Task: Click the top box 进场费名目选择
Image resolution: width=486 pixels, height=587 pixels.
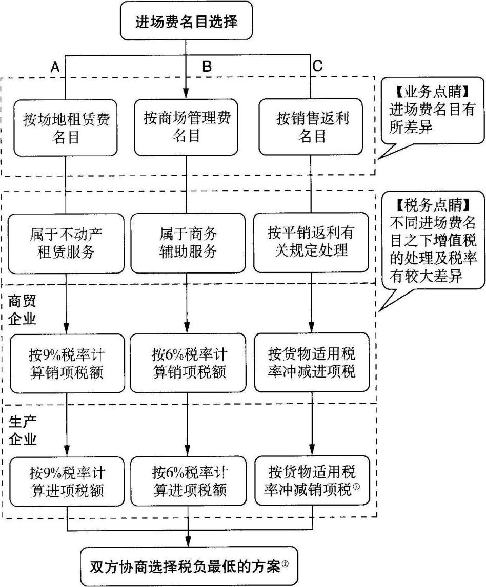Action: point(187,22)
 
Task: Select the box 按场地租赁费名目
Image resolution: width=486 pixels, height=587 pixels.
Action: point(67,128)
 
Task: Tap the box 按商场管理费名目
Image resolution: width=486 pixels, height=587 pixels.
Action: point(187,127)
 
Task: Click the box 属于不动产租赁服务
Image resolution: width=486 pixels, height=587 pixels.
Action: point(67,243)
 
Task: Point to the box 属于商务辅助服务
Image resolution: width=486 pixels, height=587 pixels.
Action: point(187,243)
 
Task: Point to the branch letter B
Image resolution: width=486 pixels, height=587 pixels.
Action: point(207,67)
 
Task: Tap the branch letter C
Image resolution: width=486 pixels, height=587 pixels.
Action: point(317,67)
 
